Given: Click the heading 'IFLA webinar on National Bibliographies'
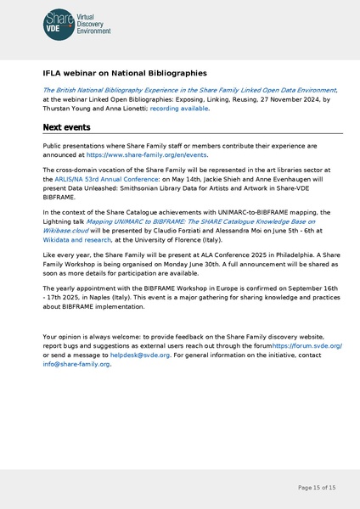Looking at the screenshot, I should (125, 74).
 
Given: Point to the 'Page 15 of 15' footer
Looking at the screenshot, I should (317, 488).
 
